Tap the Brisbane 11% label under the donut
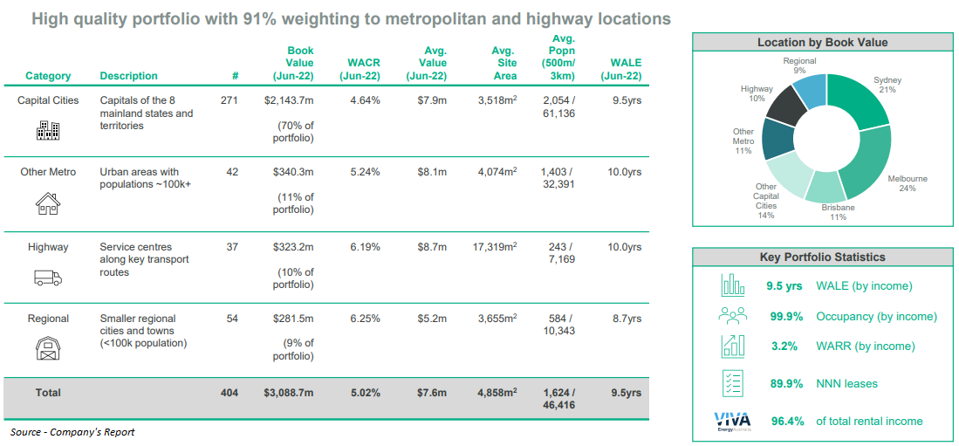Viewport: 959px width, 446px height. [838, 212]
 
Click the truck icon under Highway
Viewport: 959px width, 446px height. [47, 278]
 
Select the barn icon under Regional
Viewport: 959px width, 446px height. [47, 349]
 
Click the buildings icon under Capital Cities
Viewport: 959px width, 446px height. [47, 130]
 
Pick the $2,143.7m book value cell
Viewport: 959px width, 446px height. [289, 100]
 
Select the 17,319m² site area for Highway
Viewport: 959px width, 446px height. [494, 247]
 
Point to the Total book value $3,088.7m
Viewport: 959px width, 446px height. [289, 393]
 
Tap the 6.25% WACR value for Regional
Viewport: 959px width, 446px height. [364, 319]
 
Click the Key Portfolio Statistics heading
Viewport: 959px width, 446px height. [822, 257]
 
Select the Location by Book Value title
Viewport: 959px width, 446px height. [822, 42]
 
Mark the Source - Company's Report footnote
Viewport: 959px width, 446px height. [72, 432]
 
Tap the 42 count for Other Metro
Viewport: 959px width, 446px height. [232, 172]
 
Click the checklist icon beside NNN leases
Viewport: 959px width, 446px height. [732, 383]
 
